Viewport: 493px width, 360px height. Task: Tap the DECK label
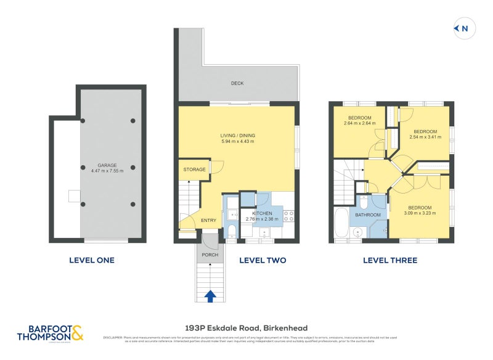pos(237,83)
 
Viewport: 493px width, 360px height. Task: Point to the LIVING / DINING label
pos(237,136)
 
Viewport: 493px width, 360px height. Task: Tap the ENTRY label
pos(208,221)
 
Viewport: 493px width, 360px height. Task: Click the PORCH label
pos(210,255)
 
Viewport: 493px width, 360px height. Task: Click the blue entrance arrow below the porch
pos(210,296)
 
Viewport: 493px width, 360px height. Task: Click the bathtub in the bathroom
pos(341,223)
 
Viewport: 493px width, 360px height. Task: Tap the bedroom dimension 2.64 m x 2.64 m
pos(359,123)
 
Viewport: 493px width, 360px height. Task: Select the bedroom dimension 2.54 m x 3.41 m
pos(425,137)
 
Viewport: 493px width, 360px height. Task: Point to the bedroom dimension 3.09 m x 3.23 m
pos(420,213)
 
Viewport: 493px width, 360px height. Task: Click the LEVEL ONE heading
pos(91,260)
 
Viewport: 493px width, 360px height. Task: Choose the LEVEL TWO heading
pos(263,260)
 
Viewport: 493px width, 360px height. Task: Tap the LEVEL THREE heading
pos(389,260)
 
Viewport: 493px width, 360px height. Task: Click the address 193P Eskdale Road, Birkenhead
pos(246,328)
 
